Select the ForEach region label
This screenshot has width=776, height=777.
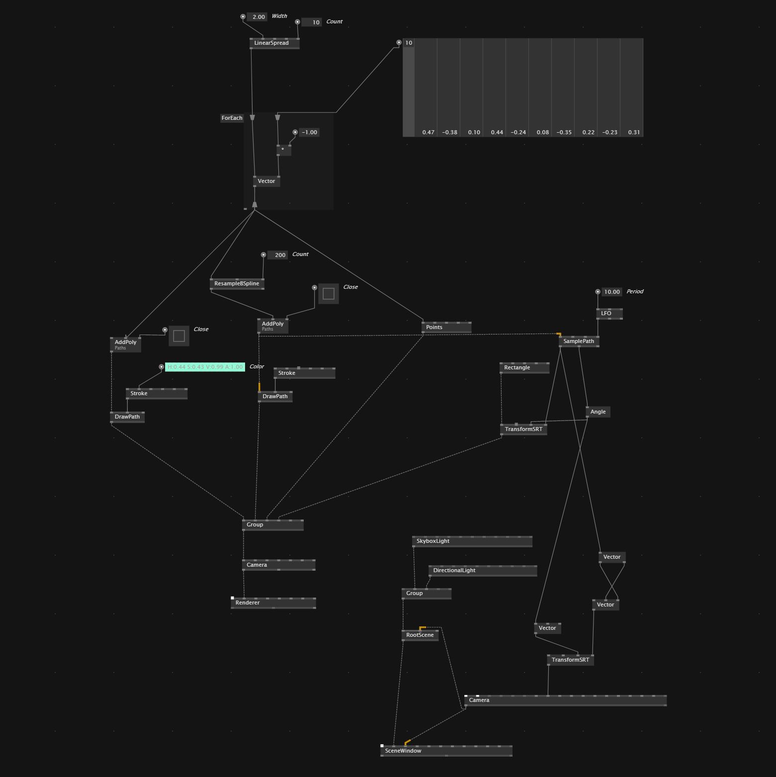click(232, 118)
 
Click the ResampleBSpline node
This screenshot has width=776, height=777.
click(237, 284)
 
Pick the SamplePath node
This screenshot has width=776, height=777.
click(579, 342)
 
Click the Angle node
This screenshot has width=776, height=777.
click(598, 412)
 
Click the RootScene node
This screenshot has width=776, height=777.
click(420, 635)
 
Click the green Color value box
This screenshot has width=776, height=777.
click(205, 367)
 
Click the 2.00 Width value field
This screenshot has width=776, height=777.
click(259, 17)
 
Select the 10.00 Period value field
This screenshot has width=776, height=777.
click(611, 292)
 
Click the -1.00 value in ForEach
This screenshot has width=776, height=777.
click(309, 133)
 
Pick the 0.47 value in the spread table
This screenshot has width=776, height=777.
click(428, 133)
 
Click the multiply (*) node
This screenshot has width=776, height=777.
click(284, 150)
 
